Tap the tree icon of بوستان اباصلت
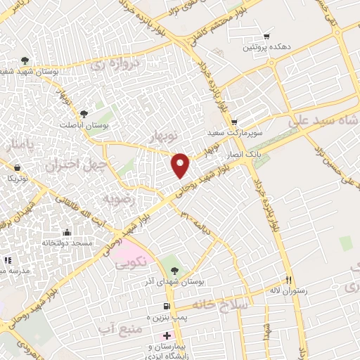tap(84, 112)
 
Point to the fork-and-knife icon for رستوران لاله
tap(288, 278)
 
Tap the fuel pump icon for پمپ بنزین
tap(166, 305)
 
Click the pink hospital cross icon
tap(166, 336)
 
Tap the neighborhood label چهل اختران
tap(69, 165)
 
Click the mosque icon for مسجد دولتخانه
tap(67, 232)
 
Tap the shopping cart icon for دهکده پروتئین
tap(266, 36)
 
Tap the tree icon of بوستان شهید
tap(25, 60)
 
